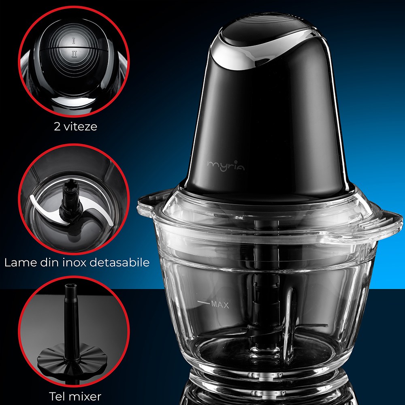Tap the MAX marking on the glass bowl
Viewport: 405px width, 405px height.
220,305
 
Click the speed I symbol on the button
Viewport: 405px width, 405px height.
74,40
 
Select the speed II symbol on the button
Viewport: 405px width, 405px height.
75,54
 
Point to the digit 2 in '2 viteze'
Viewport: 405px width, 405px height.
58,127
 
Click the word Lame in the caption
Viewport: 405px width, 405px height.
21,262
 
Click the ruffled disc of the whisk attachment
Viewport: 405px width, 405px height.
72,358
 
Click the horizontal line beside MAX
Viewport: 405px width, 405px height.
204,302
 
